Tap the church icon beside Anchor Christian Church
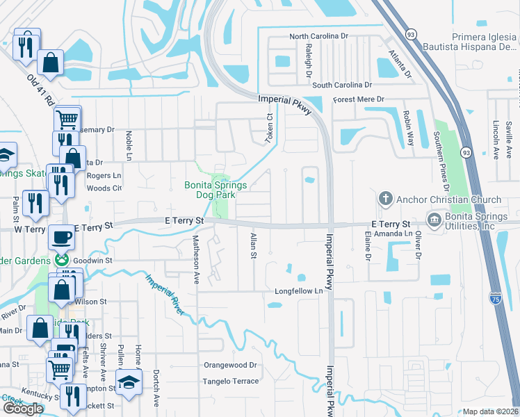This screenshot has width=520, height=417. click(x=385, y=199)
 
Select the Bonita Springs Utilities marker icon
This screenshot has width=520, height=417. click(x=435, y=221)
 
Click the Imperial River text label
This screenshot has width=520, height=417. click(x=164, y=295)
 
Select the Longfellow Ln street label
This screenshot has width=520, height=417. click(x=299, y=291)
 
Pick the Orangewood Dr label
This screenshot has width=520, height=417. click(x=230, y=364)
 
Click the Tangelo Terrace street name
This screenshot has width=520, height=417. click(x=230, y=381)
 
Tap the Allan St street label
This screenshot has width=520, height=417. click(x=252, y=246)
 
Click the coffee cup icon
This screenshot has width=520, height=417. click(x=61, y=237)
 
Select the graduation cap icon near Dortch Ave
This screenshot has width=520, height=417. click(x=129, y=382)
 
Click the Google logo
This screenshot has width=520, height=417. click(x=23, y=409)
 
